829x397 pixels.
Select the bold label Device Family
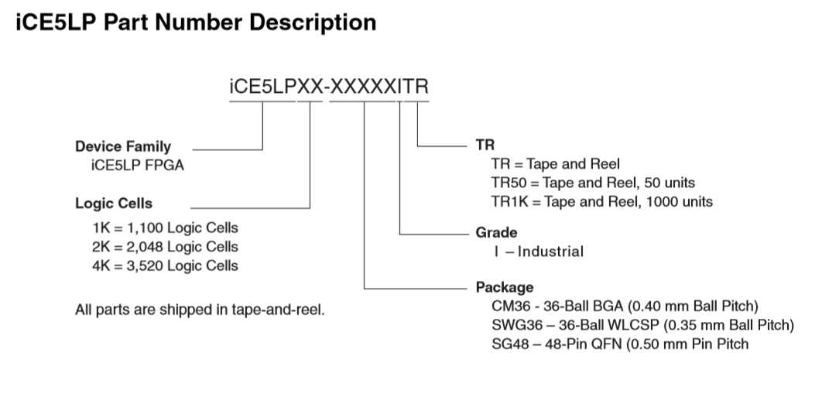coord(123,146)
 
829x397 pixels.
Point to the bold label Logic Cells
coord(114,204)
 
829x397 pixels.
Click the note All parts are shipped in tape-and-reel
coord(200,310)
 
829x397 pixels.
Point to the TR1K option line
coord(602,202)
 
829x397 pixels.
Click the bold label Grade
coord(496,232)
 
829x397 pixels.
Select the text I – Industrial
coord(533,252)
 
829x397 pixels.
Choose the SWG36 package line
coord(642,324)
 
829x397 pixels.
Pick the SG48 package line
coord(620,343)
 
